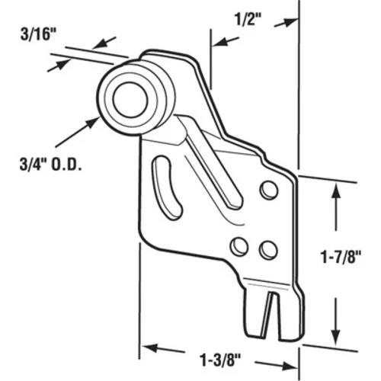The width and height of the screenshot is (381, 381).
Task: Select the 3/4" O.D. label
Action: tap(51, 165)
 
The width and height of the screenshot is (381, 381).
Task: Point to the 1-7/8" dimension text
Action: tap(341, 257)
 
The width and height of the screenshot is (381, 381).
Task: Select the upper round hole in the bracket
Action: tap(269, 190)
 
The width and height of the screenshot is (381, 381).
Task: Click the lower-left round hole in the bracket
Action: tap(239, 246)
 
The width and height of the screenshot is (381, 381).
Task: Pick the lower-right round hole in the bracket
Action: tap(268, 249)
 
